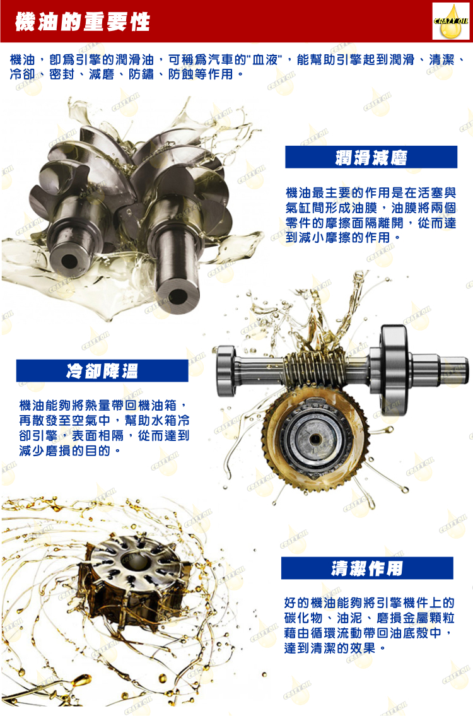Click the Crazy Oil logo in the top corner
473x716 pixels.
[451, 21]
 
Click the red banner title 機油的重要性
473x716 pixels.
[83, 21]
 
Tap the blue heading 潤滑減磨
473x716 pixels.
[371, 157]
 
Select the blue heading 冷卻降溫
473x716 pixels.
[102, 371]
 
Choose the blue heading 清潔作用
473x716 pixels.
[367, 568]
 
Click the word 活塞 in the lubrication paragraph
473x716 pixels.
[417, 193]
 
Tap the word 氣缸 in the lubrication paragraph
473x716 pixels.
[298, 208]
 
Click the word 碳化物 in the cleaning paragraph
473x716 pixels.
[303, 618]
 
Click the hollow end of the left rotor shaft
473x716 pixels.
[69, 261]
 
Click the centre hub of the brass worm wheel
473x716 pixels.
[315, 439]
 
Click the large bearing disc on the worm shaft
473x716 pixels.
[394, 369]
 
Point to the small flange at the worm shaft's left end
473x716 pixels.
[226, 370]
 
